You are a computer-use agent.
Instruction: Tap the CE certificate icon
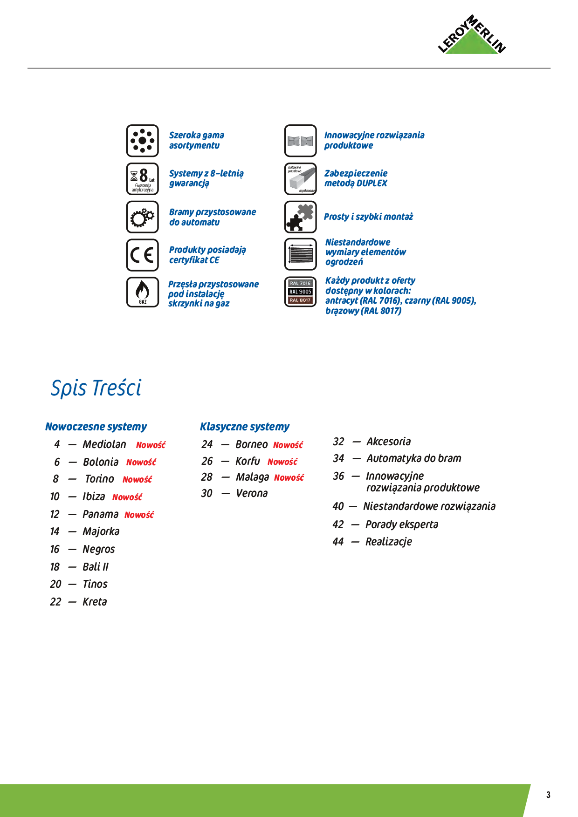pos(142,255)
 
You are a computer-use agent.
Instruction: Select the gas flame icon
pos(142,292)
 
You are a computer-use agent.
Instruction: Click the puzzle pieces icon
pos(300,217)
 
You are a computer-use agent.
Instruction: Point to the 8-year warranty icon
pos(142,179)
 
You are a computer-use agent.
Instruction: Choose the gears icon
pos(142,217)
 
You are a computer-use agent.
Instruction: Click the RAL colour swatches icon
pos(300,292)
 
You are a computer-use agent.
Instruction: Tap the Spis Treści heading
pos(96,388)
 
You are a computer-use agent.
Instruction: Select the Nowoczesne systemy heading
pos(96,427)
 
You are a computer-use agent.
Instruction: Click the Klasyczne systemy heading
pos(244,427)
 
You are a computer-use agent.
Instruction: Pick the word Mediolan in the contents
pos(104,444)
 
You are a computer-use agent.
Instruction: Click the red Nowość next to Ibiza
pos(127,497)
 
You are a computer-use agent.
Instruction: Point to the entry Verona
pos(252,493)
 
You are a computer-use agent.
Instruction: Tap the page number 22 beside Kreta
pos(55,602)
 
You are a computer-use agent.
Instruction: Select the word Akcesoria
pos(389,442)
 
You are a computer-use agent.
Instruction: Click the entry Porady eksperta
pos(402,524)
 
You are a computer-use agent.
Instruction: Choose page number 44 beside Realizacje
pos(338,542)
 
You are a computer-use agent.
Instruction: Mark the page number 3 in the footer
pos(548,795)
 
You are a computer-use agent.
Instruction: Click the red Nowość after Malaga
pos(289,478)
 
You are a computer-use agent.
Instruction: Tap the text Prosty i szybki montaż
pos(368,217)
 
